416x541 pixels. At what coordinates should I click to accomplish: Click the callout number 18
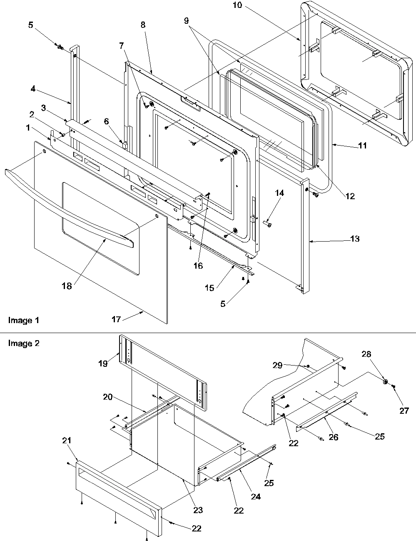pyautogui.click(x=67, y=286)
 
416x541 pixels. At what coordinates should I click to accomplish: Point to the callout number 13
pyautogui.click(x=355, y=239)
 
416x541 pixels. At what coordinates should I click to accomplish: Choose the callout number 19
pyautogui.click(x=103, y=363)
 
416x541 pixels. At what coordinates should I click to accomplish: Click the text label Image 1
pyautogui.click(x=24, y=320)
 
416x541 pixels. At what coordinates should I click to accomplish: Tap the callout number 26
pyautogui.click(x=334, y=437)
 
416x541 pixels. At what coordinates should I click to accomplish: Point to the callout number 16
pyautogui.click(x=198, y=265)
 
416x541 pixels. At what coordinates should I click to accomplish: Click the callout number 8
pyautogui.click(x=143, y=25)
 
